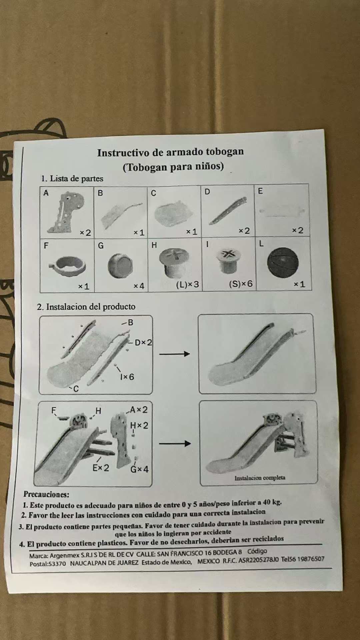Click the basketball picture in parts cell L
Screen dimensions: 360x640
pos(283,262)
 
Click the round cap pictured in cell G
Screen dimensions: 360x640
pos(120,266)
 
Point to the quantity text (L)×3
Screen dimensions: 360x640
pos(187,284)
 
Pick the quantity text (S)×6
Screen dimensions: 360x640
pos(241,284)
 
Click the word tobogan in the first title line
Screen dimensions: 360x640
pos(225,152)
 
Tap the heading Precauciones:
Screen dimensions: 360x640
pos(46,494)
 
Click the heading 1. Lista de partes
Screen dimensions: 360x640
pos(72,178)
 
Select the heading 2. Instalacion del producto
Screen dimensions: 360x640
pos(86,307)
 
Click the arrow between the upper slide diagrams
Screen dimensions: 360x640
pos(175,354)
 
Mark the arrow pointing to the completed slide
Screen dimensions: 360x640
pos(175,443)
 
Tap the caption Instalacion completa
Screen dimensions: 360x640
pos(260,478)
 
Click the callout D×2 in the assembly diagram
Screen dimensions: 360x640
pos(143,342)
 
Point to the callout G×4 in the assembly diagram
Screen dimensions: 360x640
pos(139,469)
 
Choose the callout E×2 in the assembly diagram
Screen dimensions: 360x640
pos(101,468)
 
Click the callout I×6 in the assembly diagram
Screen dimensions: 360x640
pos(127,377)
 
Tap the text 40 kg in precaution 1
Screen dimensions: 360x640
pos(272,502)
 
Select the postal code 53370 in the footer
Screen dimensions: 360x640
pos(57,564)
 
